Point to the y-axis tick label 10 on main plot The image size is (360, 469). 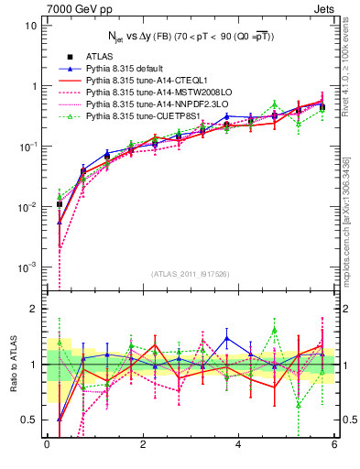[30, 26]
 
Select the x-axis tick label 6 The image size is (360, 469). [334, 444]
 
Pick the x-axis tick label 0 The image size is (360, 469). [47, 444]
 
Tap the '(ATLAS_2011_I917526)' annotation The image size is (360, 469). [191, 274]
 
